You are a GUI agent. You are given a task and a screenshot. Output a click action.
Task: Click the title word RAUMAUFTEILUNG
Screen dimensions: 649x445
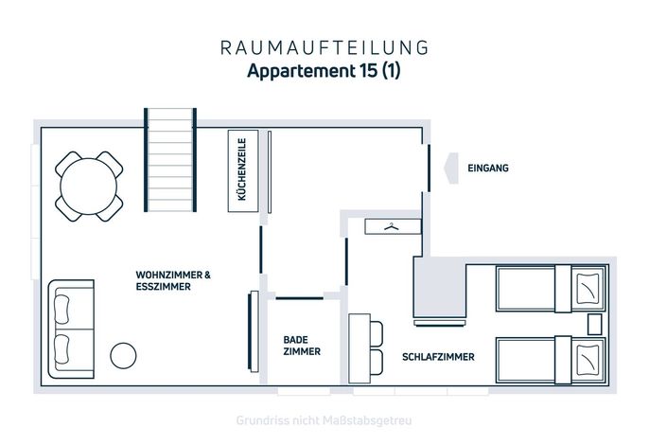click(324, 47)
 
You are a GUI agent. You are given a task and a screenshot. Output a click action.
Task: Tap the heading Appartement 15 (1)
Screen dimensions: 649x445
click(324, 70)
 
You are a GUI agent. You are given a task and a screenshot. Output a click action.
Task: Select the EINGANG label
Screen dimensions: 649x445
click(488, 169)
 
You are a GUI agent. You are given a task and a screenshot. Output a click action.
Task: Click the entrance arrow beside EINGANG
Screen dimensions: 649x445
click(451, 169)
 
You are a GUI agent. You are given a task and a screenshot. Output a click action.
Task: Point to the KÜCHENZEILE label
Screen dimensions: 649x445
click(242, 169)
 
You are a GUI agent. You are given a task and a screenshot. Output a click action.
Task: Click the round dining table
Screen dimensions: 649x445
click(89, 187)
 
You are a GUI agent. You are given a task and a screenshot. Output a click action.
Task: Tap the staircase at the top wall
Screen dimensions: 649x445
click(170, 160)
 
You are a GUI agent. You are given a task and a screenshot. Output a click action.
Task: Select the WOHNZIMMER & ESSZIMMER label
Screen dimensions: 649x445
click(173, 280)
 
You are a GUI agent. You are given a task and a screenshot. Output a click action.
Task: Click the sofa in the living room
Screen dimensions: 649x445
click(71, 329)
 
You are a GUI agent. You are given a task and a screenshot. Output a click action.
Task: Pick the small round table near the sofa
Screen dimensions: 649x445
click(123, 355)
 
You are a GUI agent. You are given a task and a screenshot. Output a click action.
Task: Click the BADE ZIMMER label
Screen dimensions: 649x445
click(302, 346)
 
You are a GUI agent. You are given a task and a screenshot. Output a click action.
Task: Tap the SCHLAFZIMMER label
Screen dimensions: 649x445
click(438, 357)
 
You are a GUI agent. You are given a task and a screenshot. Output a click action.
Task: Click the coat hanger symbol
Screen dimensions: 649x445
click(391, 226)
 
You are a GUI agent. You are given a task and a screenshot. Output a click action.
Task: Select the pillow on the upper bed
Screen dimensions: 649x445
click(588, 288)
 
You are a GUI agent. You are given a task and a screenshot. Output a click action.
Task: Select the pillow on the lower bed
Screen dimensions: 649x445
click(588, 359)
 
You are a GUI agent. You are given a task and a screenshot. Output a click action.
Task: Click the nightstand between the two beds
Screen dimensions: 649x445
click(595, 325)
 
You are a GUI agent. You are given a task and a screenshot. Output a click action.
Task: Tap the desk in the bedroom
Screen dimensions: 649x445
click(360, 348)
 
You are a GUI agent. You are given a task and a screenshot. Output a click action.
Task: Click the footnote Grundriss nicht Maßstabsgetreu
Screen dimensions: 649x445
click(324, 420)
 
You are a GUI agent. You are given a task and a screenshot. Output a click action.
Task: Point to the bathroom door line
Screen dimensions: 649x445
click(299, 298)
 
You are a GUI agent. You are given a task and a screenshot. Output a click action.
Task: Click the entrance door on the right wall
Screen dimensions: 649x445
click(429, 169)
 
